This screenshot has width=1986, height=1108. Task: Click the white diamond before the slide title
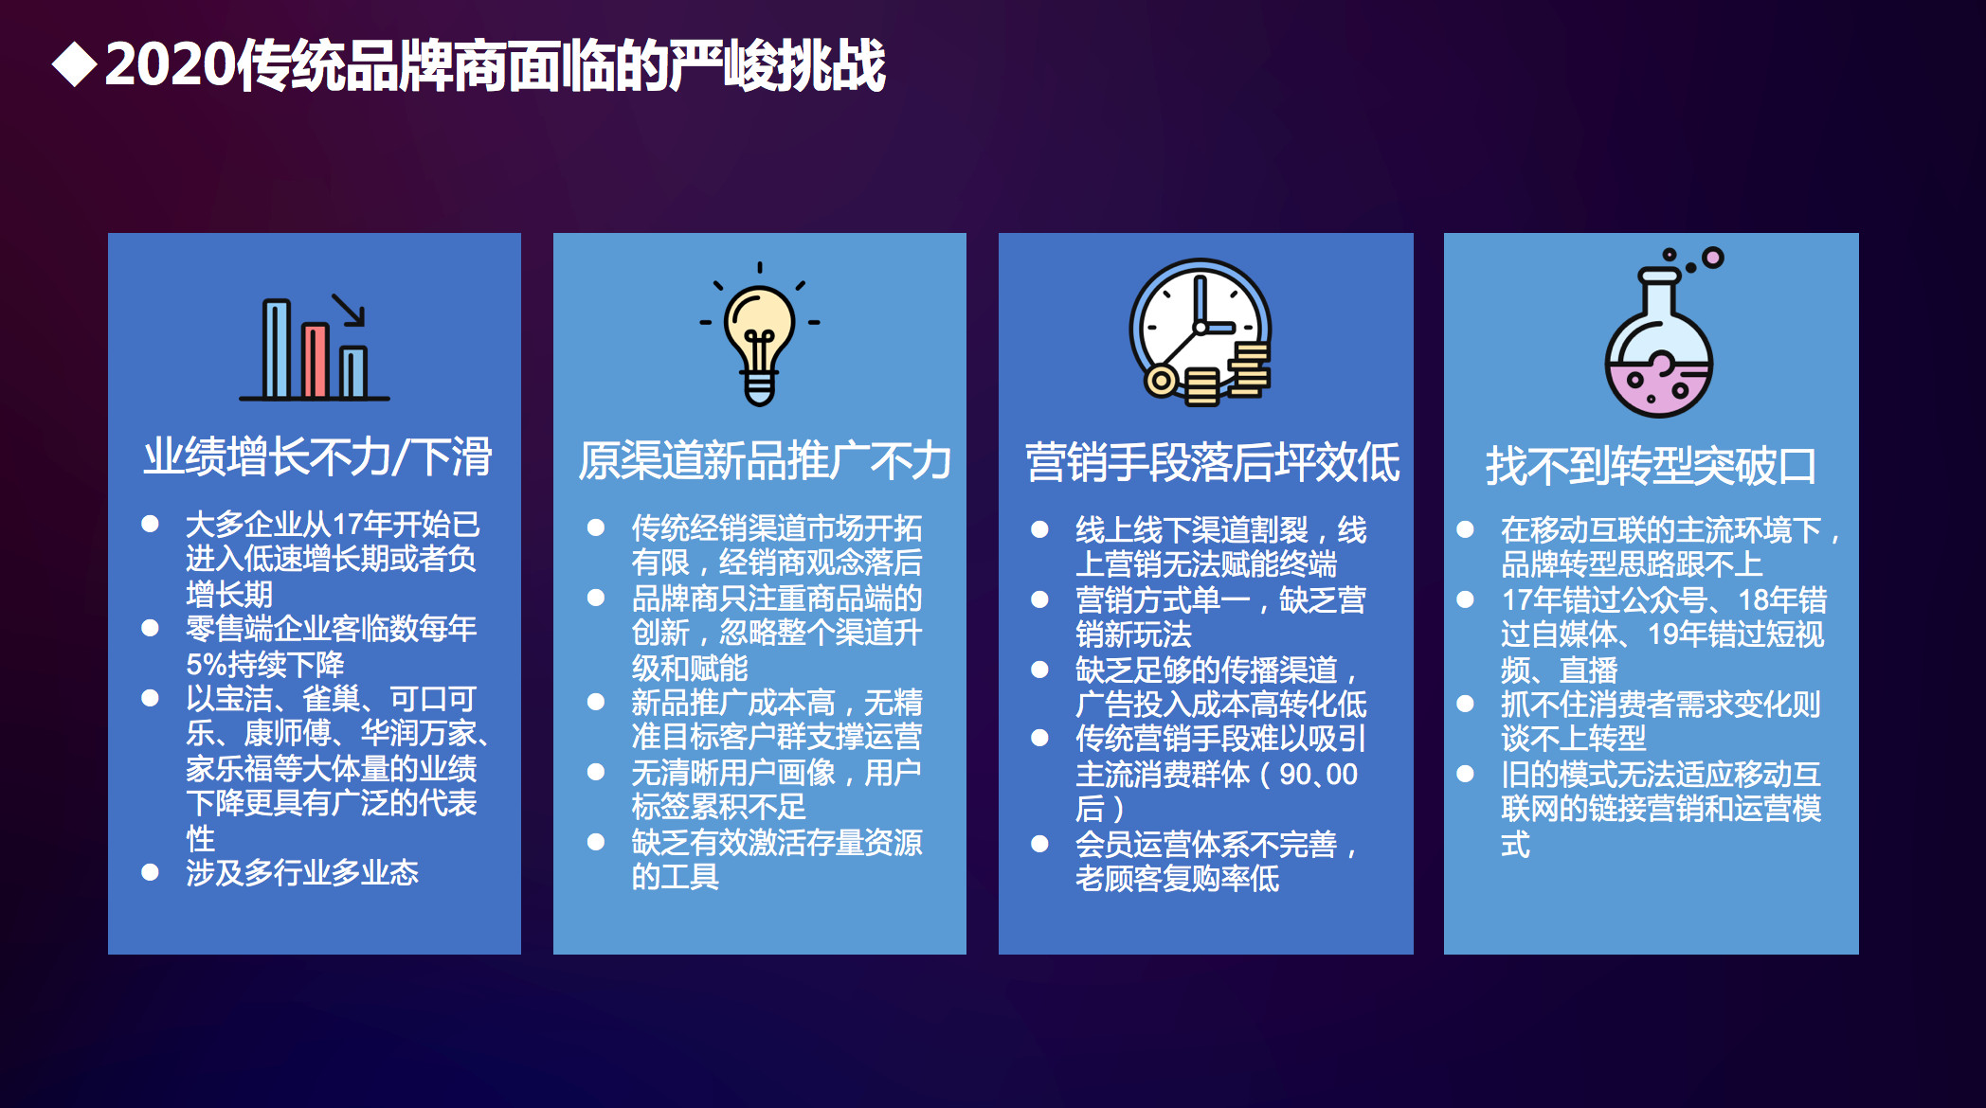(x=75, y=65)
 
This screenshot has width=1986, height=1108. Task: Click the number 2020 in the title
(x=170, y=65)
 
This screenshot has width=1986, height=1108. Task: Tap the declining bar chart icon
(x=315, y=348)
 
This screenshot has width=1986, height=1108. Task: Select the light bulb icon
(x=760, y=334)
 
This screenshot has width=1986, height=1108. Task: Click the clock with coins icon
(x=1201, y=331)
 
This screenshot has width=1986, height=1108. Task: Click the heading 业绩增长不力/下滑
(x=317, y=456)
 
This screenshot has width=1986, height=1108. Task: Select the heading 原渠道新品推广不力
(x=764, y=461)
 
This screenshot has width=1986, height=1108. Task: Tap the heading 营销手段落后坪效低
(x=1212, y=463)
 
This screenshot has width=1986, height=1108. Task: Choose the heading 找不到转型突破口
(x=1651, y=466)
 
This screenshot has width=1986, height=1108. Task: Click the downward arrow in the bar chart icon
(x=349, y=310)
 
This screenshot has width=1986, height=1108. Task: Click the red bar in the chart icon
(x=315, y=361)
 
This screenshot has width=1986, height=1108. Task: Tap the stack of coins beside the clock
(x=1250, y=371)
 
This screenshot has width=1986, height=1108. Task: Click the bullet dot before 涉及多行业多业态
(x=150, y=872)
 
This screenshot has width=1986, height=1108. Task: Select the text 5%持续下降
(x=265, y=664)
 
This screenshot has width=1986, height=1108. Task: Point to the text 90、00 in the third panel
(x=1318, y=774)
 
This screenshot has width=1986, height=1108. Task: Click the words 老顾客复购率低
(x=1177, y=879)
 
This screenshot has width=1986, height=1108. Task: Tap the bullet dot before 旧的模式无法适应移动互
(x=1465, y=774)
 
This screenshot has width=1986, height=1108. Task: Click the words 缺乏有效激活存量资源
(x=777, y=842)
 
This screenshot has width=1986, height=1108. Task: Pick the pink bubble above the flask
(x=1712, y=258)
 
